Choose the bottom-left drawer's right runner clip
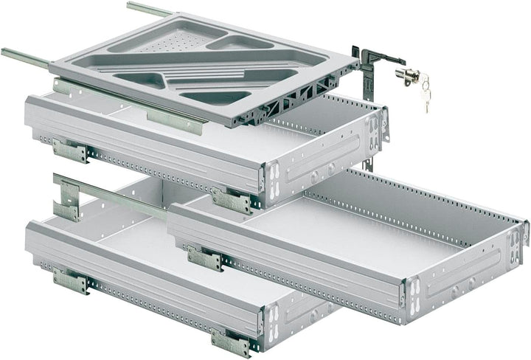coord(229,340)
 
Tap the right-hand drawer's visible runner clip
coord(204,257)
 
